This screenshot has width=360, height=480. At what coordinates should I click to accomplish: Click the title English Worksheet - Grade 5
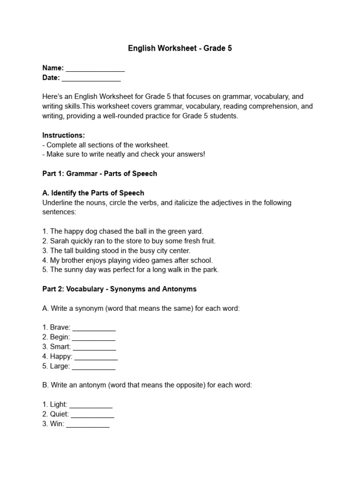[x=180, y=48]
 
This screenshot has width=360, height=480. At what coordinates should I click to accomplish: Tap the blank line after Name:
[x=95, y=68]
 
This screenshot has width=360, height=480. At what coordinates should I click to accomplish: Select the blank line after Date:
[x=91, y=78]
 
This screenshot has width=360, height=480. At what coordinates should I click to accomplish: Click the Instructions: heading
[x=64, y=135]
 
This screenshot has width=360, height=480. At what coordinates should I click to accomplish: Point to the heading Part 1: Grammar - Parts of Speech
[x=99, y=173]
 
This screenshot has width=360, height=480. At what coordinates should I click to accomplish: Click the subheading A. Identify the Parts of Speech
[x=93, y=193]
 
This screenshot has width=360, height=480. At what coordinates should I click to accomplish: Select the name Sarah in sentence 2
[x=60, y=241]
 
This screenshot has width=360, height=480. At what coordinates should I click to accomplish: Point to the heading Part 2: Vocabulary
[x=120, y=289]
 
